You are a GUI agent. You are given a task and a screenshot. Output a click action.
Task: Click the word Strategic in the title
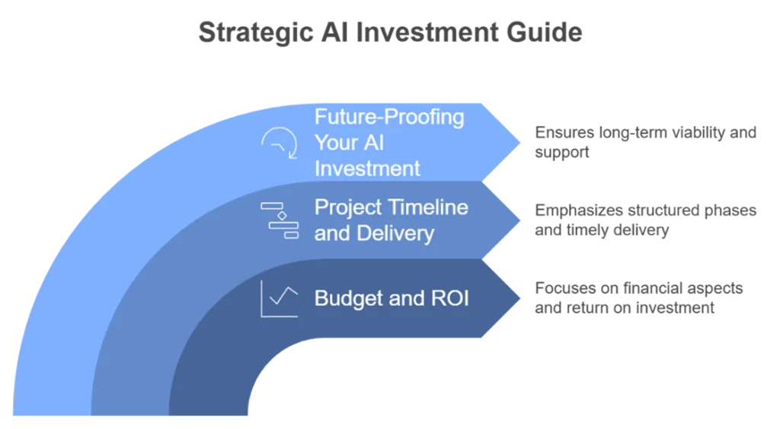[x=256, y=34]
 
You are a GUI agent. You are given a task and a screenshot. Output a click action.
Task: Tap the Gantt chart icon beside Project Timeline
[x=280, y=220]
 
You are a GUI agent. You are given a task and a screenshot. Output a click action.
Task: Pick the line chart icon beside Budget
[x=280, y=299]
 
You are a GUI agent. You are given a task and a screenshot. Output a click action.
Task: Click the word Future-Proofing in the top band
[x=389, y=117]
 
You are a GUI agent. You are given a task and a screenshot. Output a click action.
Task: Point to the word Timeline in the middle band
[x=428, y=207]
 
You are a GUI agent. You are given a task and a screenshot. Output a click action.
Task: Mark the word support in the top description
[x=562, y=153]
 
